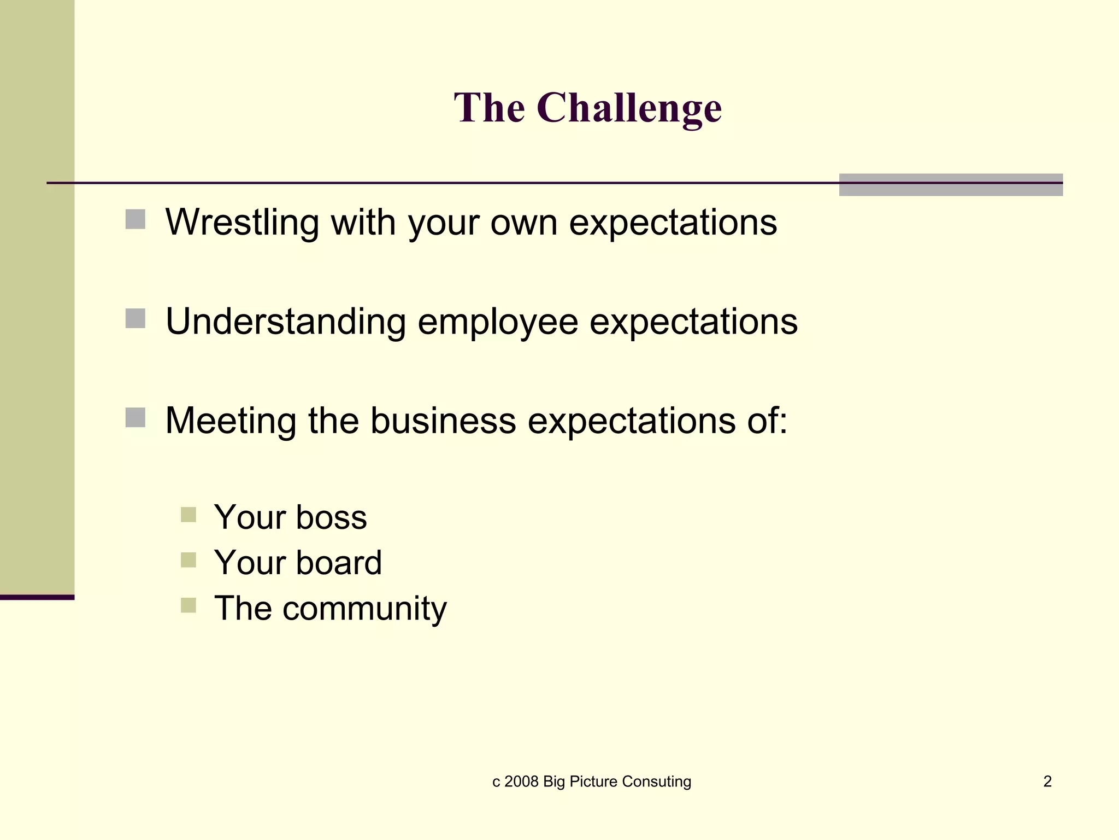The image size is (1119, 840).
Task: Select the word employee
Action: coord(498,322)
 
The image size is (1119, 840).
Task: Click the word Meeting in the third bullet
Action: coord(230,421)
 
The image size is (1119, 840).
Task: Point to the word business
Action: coord(443,421)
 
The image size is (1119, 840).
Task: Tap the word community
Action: coord(364,608)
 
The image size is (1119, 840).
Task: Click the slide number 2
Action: coord(1047,781)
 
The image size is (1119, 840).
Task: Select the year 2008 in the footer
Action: coord(521,781)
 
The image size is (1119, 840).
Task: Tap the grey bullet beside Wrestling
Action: coord(136,219)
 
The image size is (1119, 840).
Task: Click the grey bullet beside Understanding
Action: coord(136,318)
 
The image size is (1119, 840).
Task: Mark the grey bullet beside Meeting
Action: coord(136,417)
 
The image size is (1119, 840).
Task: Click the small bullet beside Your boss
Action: coord(188,515)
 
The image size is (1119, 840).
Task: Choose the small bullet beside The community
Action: coord(188,605)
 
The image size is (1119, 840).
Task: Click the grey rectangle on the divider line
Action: coord(951,185)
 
